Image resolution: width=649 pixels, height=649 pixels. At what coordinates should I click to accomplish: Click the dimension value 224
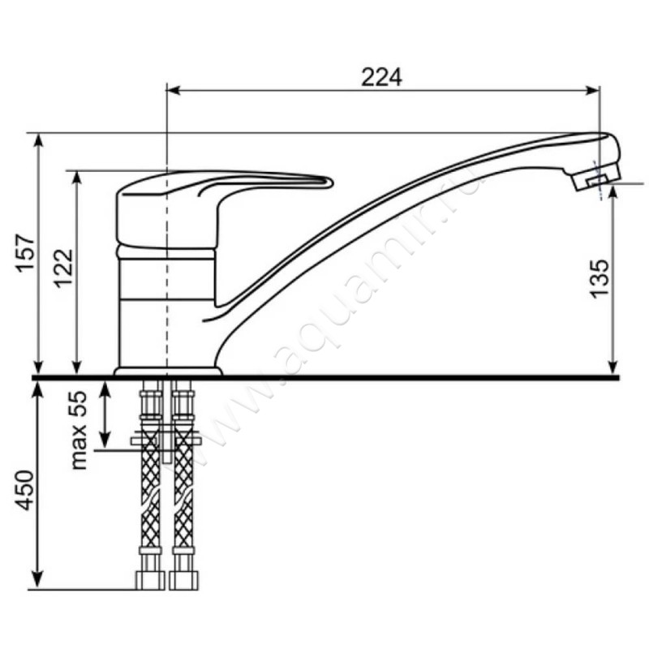(x=381, y=77)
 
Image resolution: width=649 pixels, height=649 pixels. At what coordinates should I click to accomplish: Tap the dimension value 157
(x=25, y=252)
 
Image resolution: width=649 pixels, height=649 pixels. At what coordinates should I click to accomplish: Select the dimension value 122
(x=63, y=269)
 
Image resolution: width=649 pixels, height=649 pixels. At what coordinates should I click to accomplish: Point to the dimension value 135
(x=600, y=278)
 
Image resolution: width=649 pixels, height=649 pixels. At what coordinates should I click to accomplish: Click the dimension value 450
(x=25, y=490)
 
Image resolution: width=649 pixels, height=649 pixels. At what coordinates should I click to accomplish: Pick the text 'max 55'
(x=79, y=430)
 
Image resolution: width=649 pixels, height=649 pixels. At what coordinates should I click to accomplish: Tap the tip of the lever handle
(x=329, y=182)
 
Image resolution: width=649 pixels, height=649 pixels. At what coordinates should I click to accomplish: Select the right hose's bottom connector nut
(x=184, y=580)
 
